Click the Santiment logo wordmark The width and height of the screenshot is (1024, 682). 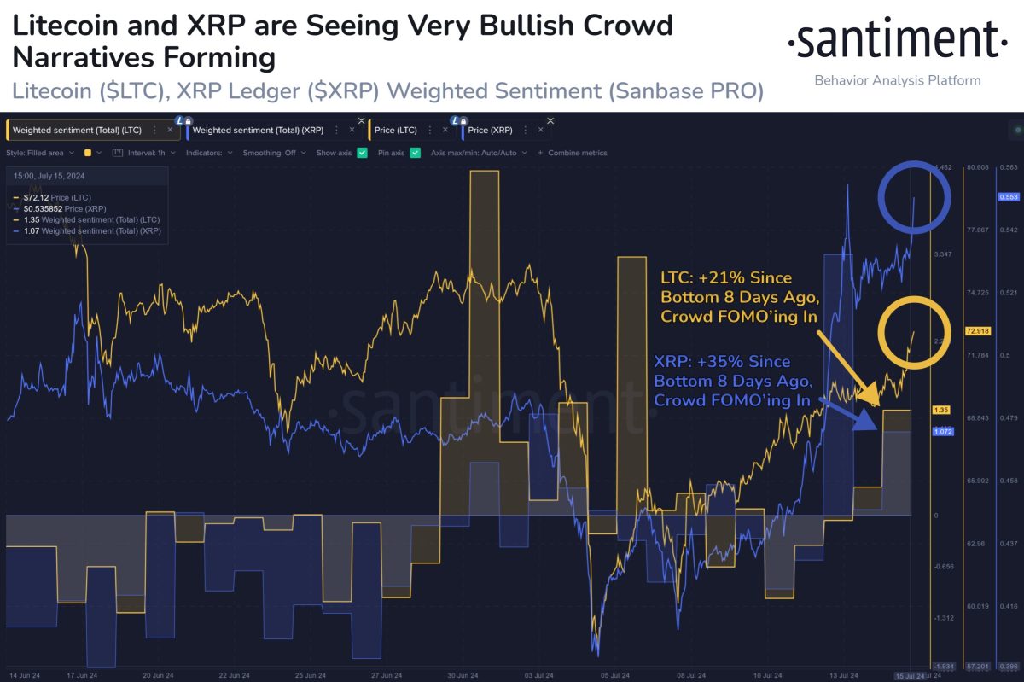pos(896,40)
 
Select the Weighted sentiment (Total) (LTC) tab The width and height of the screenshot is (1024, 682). pos(76,131)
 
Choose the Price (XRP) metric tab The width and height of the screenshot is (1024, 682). pos(490,131)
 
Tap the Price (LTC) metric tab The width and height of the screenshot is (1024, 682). pos(396,131)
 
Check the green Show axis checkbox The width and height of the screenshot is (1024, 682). pos(363,153)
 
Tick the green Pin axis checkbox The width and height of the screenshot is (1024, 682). pos(416,153)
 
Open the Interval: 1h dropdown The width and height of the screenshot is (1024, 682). pos(146,153)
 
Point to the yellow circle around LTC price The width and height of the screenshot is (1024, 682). pos(916,333)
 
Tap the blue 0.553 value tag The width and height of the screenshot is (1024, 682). pos(1008,196)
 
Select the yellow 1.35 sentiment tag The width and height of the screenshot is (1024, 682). pos(942,411)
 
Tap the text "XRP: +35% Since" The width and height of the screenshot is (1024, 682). pos(721,362)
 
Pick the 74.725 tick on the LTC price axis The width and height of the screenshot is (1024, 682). pos(977,293)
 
